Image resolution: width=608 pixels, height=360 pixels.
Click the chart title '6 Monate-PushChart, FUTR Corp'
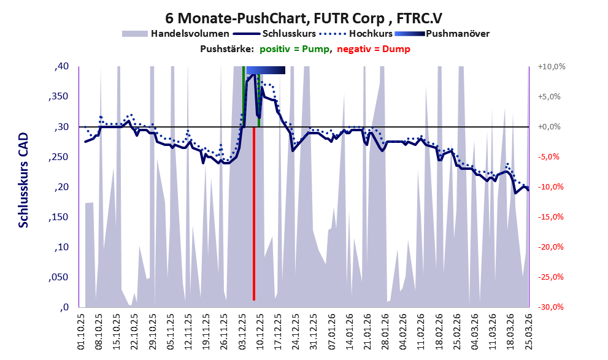[x=275, y=18]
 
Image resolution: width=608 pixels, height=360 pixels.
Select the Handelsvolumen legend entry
[x=175, y=34]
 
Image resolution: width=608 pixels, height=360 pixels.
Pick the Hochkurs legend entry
[x=356, y=34]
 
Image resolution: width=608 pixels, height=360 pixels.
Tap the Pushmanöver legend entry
[x=442, y=34]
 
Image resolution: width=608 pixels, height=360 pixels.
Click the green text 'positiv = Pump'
[x=294, y=49]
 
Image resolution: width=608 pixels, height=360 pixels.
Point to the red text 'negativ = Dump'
[x=374, y=49]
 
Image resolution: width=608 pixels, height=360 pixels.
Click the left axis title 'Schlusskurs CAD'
[x=24, y=180]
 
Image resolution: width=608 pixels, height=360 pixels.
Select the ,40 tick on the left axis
[x=61, y=66]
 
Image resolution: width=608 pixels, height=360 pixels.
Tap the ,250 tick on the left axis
[x=58, y=156]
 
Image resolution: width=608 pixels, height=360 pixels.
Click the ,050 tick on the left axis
[x=58, y=277]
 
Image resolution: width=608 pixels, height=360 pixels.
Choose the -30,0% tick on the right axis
[x=550, y=307]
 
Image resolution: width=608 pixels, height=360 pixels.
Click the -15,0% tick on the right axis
[x=550, y=216]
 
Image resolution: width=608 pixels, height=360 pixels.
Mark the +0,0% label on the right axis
[x=549, y=127]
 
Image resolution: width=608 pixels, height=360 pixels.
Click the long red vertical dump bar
[x=254, y=213]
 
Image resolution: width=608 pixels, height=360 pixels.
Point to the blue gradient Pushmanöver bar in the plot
[x=266, y=70]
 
